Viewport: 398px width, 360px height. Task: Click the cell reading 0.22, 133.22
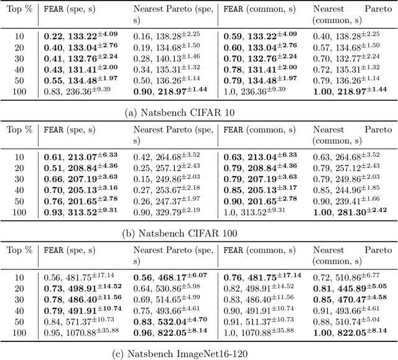[81, 36]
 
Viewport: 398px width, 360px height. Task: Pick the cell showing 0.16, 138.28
[165, 36]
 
